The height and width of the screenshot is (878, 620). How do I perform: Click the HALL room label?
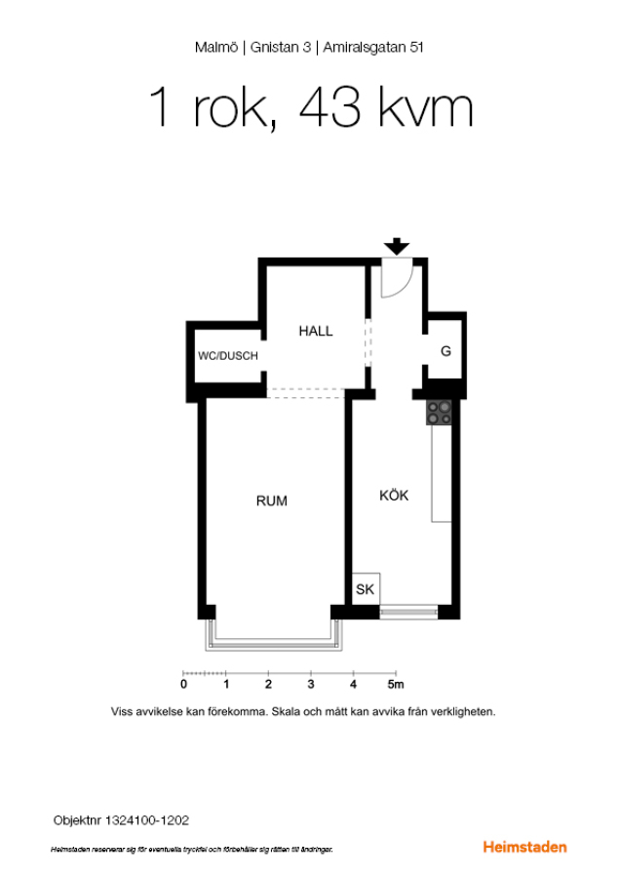coord(316,331)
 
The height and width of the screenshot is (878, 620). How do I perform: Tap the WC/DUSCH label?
coord(228,355)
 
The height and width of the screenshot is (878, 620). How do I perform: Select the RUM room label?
coord(271,501)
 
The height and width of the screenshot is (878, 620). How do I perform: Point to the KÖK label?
coord(394,495)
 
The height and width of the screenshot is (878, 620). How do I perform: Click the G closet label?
coord(446,351)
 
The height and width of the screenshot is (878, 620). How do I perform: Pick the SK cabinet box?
coord(366,588)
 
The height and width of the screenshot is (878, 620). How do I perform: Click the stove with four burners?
coord(439,412)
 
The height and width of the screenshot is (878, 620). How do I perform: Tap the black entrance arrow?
coord(397,247)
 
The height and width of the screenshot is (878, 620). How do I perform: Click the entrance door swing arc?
coord(407,286)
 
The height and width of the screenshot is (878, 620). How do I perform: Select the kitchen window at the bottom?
coord(408,612)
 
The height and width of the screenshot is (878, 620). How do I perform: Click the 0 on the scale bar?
coord(183,684)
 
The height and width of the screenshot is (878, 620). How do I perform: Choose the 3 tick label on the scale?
coord(311,684)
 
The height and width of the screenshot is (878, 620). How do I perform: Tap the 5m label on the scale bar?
coord(396,684)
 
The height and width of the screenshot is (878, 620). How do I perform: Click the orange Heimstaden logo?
coord(524,847)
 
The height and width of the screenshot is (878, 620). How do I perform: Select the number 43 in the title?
coord(330,107)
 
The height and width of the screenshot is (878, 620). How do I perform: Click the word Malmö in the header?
coord(216,48)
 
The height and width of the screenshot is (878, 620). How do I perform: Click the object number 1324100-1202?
coord(147,820)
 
